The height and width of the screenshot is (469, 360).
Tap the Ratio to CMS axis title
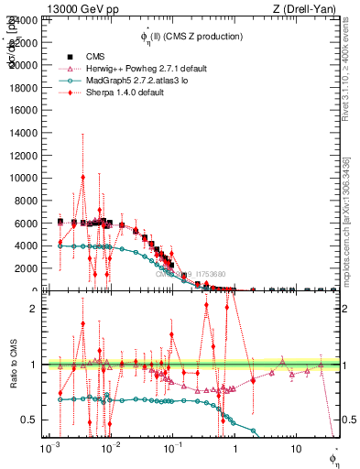click(15, 364)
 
